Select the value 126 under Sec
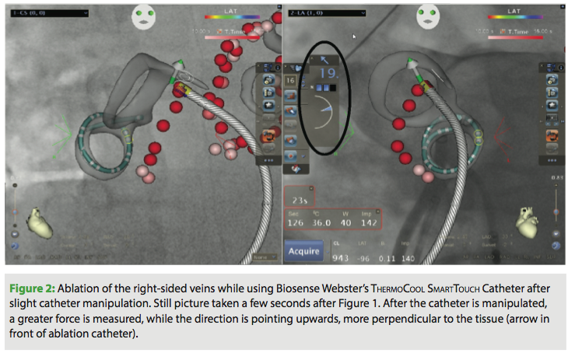pos(296,222)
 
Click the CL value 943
pos(341,257)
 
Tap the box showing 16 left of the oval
pos(290,80)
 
